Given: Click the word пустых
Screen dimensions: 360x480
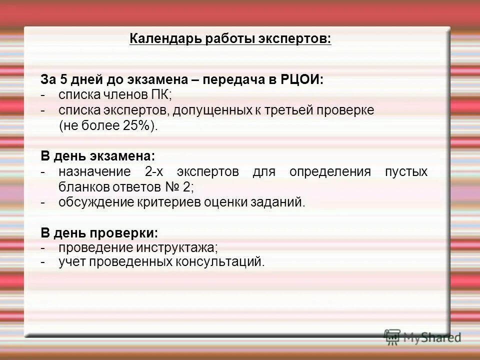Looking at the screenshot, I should (x=406, y=172).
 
